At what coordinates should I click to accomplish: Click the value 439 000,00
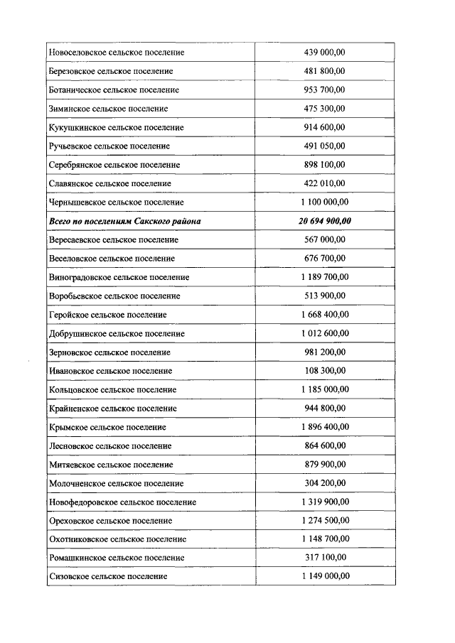[325, 53]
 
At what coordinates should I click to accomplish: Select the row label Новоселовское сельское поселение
[117, 53]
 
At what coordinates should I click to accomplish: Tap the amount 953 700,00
[325, 90]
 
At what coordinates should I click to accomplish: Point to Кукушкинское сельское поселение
[117, 127]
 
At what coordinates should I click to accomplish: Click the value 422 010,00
[325, 183]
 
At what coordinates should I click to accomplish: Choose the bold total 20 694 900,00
[325, 221]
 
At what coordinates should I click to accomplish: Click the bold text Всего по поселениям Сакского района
[125, 221]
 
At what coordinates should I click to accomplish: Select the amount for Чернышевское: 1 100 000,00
[325, 202]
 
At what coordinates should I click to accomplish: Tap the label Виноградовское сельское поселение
[119, 277]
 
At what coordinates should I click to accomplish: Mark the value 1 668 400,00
[325, 314]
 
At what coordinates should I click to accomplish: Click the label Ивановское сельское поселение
[111, 371]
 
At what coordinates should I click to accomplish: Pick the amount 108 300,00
[325, 371]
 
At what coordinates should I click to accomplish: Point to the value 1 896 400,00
[325, 427]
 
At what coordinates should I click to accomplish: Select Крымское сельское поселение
[108, 427]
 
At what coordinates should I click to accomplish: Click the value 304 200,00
[325, 483]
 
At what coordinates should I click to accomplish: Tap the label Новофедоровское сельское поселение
[123, 502]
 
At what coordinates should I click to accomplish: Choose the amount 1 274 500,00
[325, 520]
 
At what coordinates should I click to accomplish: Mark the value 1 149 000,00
[325, 576]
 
